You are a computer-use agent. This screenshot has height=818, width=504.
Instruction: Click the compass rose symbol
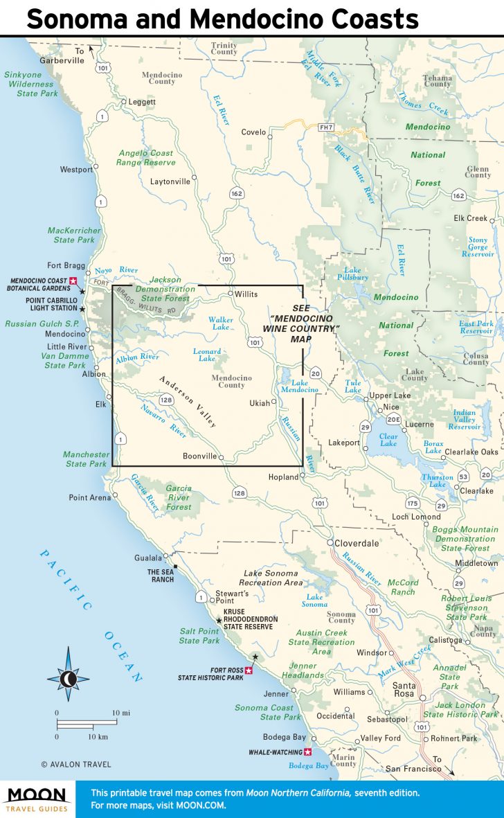point(68,677)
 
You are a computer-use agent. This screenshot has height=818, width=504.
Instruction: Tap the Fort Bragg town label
point(65,265)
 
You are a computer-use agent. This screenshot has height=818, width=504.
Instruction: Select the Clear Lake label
point(388,440)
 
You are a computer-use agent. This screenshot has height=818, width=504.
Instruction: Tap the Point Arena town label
point(89,497)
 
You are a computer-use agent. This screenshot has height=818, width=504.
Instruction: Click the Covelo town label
point(253,132)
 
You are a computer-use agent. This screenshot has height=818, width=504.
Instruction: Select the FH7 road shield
point(326,128)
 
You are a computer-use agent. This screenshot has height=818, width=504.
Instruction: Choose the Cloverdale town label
point(357,543)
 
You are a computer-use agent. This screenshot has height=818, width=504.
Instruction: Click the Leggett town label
point(141,102)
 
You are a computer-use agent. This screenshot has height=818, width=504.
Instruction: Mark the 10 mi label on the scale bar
point(120,713)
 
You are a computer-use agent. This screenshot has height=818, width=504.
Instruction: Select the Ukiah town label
point(260,402)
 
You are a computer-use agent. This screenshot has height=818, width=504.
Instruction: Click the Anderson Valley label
point(188,402)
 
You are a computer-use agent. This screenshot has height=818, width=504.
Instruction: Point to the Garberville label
point(62,60)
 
